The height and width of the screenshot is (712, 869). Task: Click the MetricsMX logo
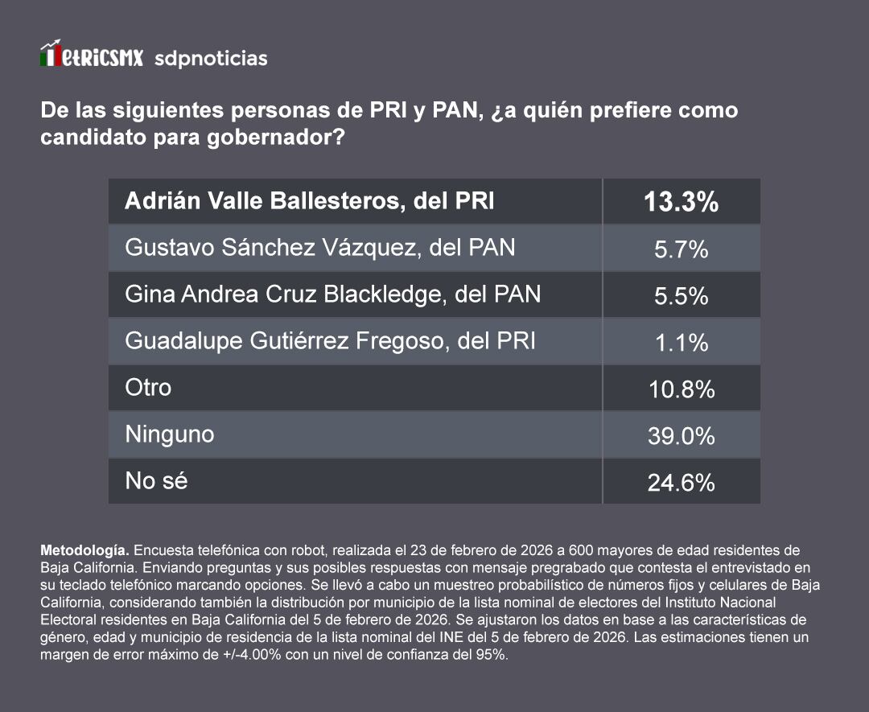point(92,56)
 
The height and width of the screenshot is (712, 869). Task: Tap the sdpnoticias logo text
point(211,59)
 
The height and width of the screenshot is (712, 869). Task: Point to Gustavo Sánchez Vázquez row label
point(319,248)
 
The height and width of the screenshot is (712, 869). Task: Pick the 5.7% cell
point(681,249)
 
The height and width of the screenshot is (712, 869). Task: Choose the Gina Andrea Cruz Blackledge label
point(332,294)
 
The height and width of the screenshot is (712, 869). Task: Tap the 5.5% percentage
point(681,296)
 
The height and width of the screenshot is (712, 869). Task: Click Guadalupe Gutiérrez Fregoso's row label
point(330,341)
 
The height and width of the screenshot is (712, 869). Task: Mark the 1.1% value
point(681,343)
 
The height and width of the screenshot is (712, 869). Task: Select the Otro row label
point(148,388)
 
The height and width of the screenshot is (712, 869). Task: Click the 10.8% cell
point(681,389)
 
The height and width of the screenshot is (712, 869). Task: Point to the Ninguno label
point(169,434)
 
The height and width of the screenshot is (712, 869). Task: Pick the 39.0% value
point(681,436)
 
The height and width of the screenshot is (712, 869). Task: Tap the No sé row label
point(156,481)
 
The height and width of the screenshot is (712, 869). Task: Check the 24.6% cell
point(681,483)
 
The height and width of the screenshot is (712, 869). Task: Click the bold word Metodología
point(84,551)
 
